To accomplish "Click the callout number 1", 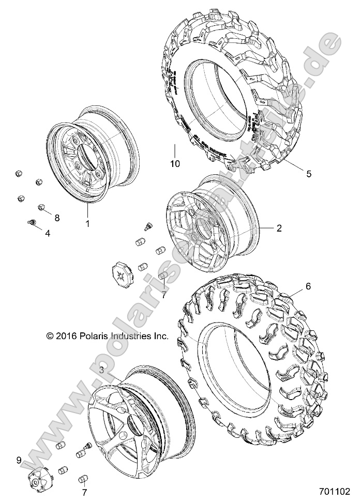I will coord(87,224).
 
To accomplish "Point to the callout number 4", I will coord(48,233).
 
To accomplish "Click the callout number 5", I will coord(308,174).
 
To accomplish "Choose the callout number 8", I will coord(57,218).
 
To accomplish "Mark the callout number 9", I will coord(19,459).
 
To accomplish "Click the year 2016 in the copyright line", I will coord(67,336).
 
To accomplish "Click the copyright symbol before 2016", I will coord(50,336).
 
